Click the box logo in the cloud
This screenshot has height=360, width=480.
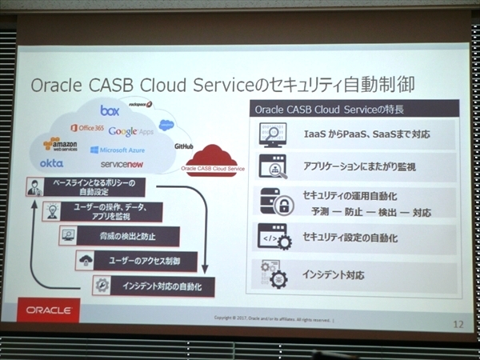(110, 111)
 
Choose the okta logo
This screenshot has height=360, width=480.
(51, 163)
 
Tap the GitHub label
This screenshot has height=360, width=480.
(185, 147)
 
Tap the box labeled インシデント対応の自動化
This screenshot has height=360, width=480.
(161, 286)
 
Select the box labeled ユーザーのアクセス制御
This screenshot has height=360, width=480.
(147, 260)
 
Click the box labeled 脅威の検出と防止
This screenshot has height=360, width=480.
(128, 236)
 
